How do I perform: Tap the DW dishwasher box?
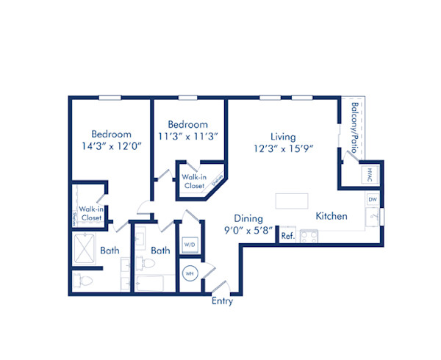click(372, 199)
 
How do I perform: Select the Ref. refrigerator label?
click(287, 236)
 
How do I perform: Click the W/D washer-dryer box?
click(190, 243)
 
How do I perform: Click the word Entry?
click(222, 301)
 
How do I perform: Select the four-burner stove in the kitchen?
click(309, 237)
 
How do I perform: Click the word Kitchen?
click(331, 217)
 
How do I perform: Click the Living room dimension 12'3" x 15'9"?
click(283, 149)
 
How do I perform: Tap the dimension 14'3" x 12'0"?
click(111, 146)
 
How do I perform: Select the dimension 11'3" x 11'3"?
click(187, 137)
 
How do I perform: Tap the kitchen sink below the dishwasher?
click(373, 217)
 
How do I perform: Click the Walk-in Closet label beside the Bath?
click(91, 213)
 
